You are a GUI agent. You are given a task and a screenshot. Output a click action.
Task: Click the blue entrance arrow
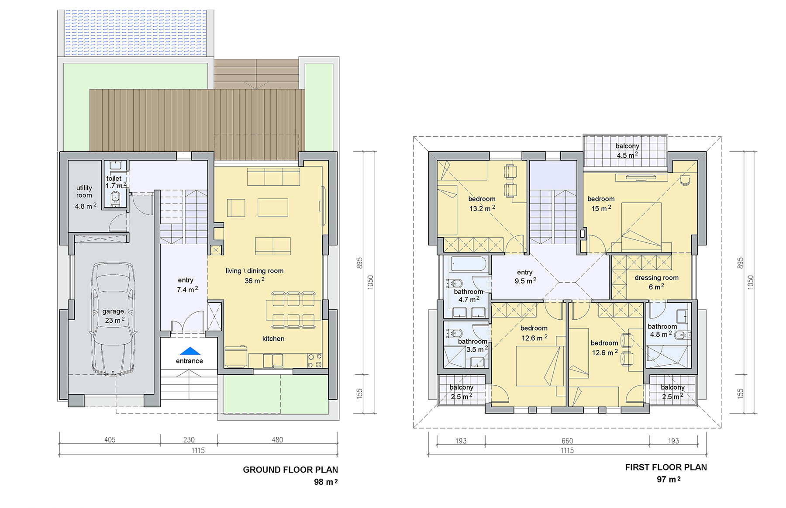(x=190, y=351)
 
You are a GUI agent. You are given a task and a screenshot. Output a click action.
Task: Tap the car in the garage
(x=113, y=319)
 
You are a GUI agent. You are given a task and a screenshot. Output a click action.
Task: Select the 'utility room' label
(x=84, y=191)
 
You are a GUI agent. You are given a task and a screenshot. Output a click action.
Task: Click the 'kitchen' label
(x=273, y=339)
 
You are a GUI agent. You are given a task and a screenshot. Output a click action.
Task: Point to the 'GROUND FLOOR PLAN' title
(x=290, y=470)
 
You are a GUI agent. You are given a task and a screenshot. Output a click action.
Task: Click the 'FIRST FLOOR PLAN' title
(x=666, y=467)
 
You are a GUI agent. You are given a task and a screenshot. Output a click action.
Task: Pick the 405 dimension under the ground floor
(x=110, y=440)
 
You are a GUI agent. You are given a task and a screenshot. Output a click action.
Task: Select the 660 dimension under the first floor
(x=567, y=441)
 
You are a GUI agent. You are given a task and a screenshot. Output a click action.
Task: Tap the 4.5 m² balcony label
(x=627, y=151)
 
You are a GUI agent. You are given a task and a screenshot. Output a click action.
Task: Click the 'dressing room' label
(x=656, y=278)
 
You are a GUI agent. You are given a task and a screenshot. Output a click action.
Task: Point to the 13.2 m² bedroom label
(x=482, y=204)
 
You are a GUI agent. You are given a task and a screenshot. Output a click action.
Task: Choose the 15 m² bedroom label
(x=601, y=204)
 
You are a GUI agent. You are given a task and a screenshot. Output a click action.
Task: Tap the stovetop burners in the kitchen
(x=315, y=360)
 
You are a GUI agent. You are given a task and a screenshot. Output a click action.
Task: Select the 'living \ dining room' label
(x=255, y=271)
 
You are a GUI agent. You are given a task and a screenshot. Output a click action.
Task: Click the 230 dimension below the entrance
(x=189, y=440)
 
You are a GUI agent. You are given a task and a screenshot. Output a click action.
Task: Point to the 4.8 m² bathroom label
(x=662, y=331)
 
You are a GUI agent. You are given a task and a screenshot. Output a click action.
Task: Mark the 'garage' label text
(x=113, y=311)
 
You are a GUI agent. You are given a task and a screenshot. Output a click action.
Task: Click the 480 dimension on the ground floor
(x=277, y=440)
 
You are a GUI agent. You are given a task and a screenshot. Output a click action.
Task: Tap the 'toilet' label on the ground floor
(x=114, y=178)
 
